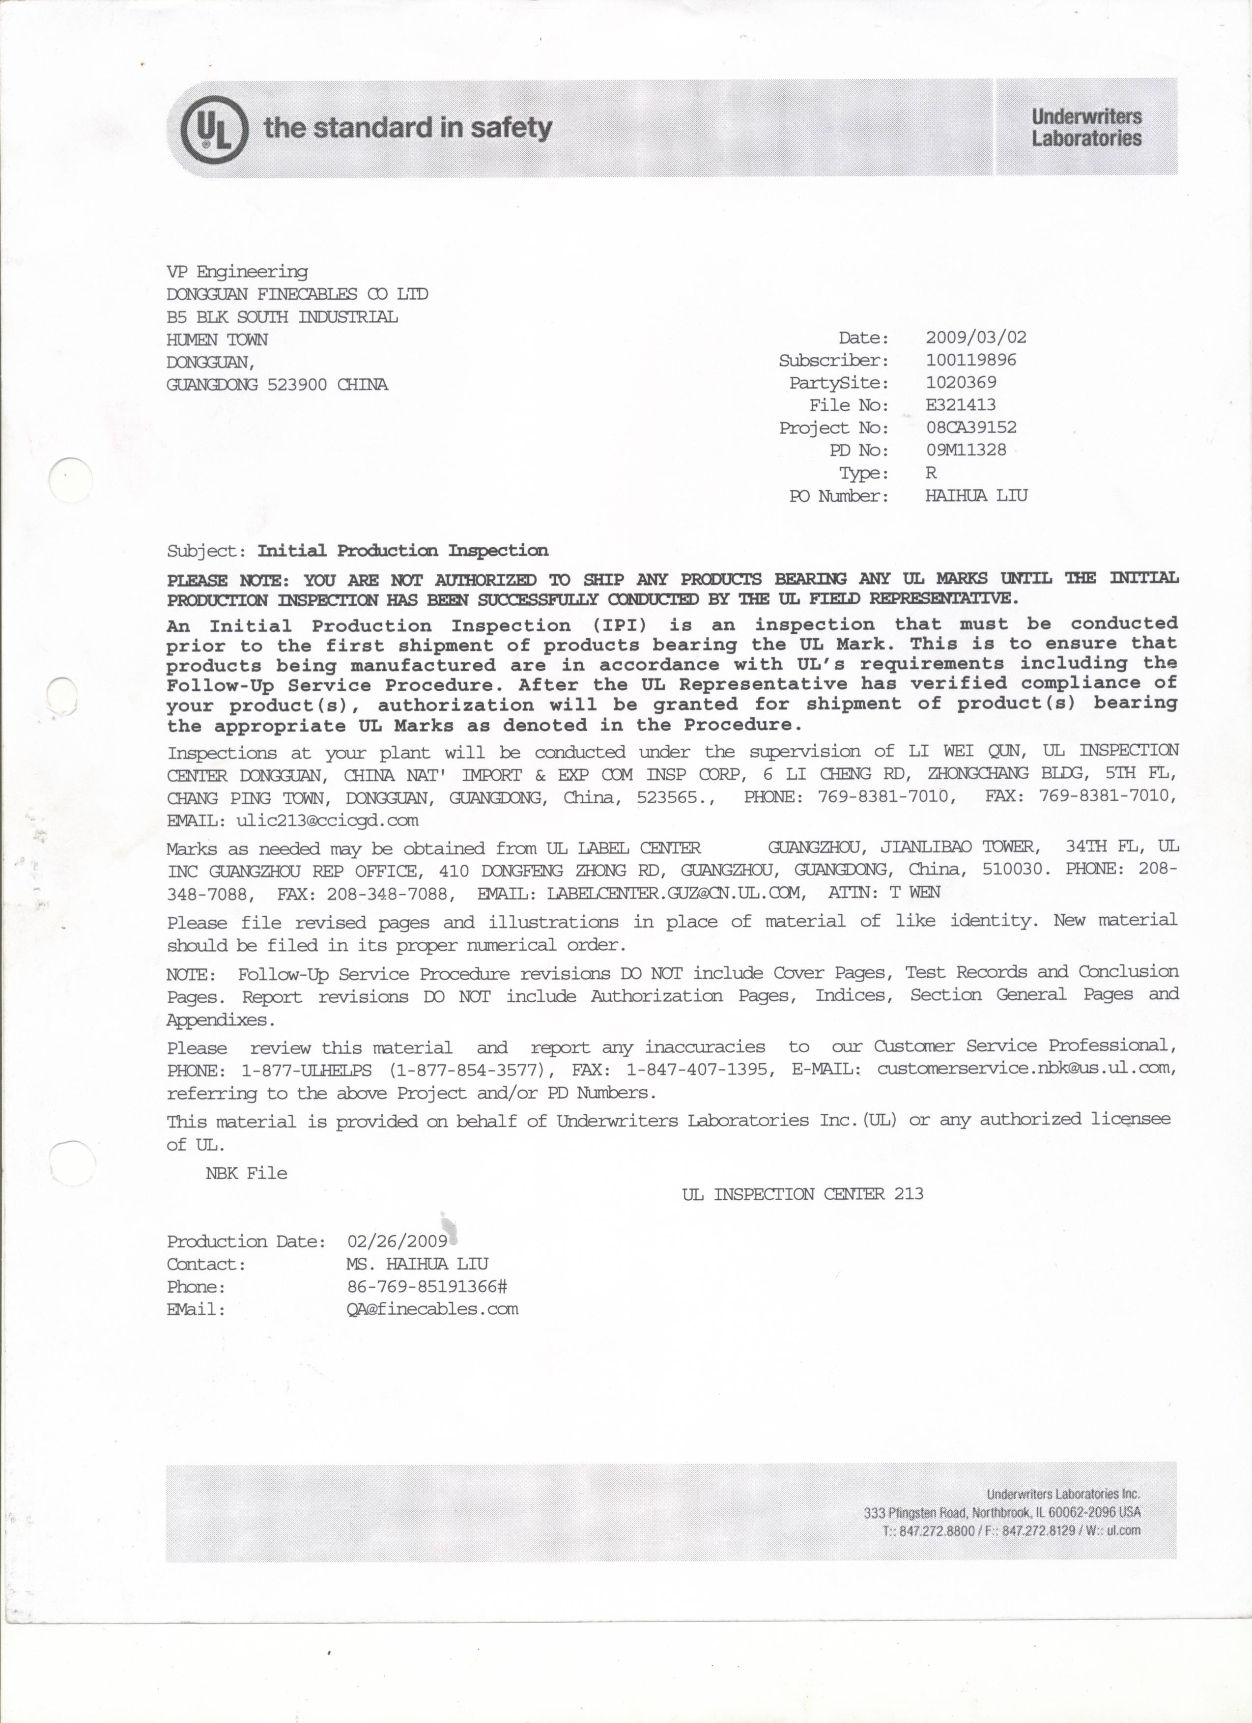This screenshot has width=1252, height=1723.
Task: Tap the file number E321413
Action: (x=960, y=405)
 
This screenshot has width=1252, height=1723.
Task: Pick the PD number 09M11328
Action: (x=966, y=450)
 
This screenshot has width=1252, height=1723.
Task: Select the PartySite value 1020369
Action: (x=960, y=382)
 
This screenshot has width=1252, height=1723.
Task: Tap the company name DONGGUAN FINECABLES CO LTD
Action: (x=297, y=294)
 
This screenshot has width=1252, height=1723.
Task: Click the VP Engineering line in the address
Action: (x=237, y=271)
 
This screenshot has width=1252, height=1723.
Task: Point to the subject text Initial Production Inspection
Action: (x=402, y=551)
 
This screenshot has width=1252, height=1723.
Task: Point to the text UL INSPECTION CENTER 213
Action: (x=802, y=1194)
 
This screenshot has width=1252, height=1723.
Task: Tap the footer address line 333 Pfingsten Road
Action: (x=1001, y=1513)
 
